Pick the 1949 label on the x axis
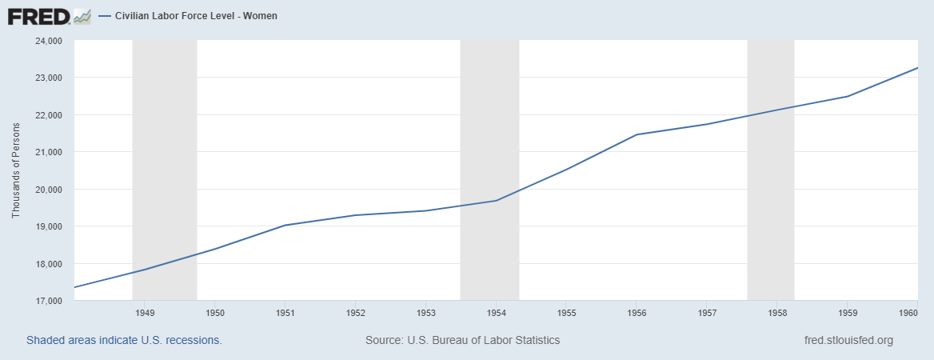click(145, 313)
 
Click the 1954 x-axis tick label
click(496, 313)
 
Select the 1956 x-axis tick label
click(637, 313)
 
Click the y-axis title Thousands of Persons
click(16, 170)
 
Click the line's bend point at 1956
click(637, 134)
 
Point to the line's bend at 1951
click(285, 225)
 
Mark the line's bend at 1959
click(848, 96)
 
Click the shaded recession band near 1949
click(164, 160)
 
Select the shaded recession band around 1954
click(489, 160)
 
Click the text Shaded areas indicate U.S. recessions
click(124, 340)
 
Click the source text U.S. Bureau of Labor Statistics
click(462, 340)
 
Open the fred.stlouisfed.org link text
click(848, 340)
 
